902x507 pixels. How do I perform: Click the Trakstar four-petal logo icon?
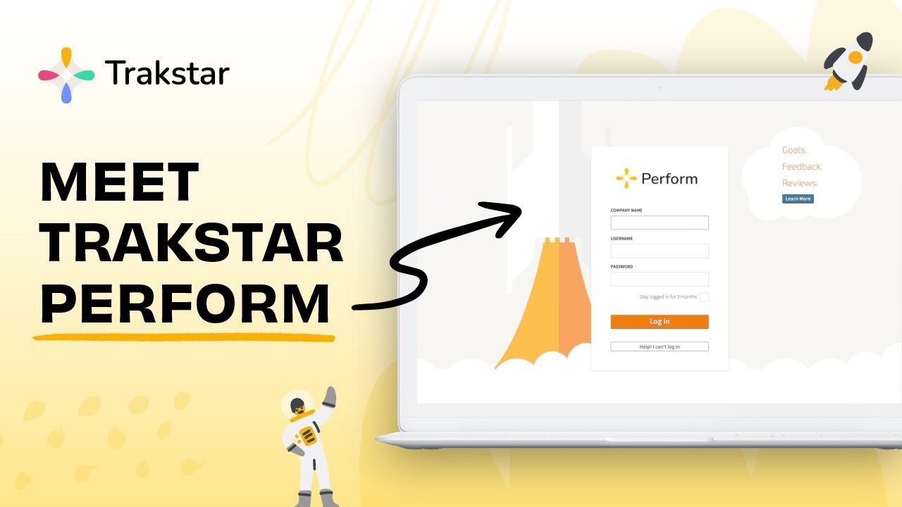click(66, 75)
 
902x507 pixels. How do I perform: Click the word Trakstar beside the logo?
click(167, 73)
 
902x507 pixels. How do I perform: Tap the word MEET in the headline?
click(119, 182)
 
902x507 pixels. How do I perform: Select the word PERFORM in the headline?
click(185, 303)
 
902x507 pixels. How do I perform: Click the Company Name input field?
click(659, 223)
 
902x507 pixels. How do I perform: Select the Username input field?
click(659, 251)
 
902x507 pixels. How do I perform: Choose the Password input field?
click(659, 279)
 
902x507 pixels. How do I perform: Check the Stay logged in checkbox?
click(703, 297)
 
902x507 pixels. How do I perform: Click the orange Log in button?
click(659, 322)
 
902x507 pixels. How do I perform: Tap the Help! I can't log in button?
click(659, 346)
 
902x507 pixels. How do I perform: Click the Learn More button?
click(798, 199)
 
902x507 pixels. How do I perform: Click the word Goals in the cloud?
click(794, 150)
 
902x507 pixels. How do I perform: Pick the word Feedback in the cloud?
click(802, 167)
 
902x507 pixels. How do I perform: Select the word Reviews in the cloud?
click(800, 183)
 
